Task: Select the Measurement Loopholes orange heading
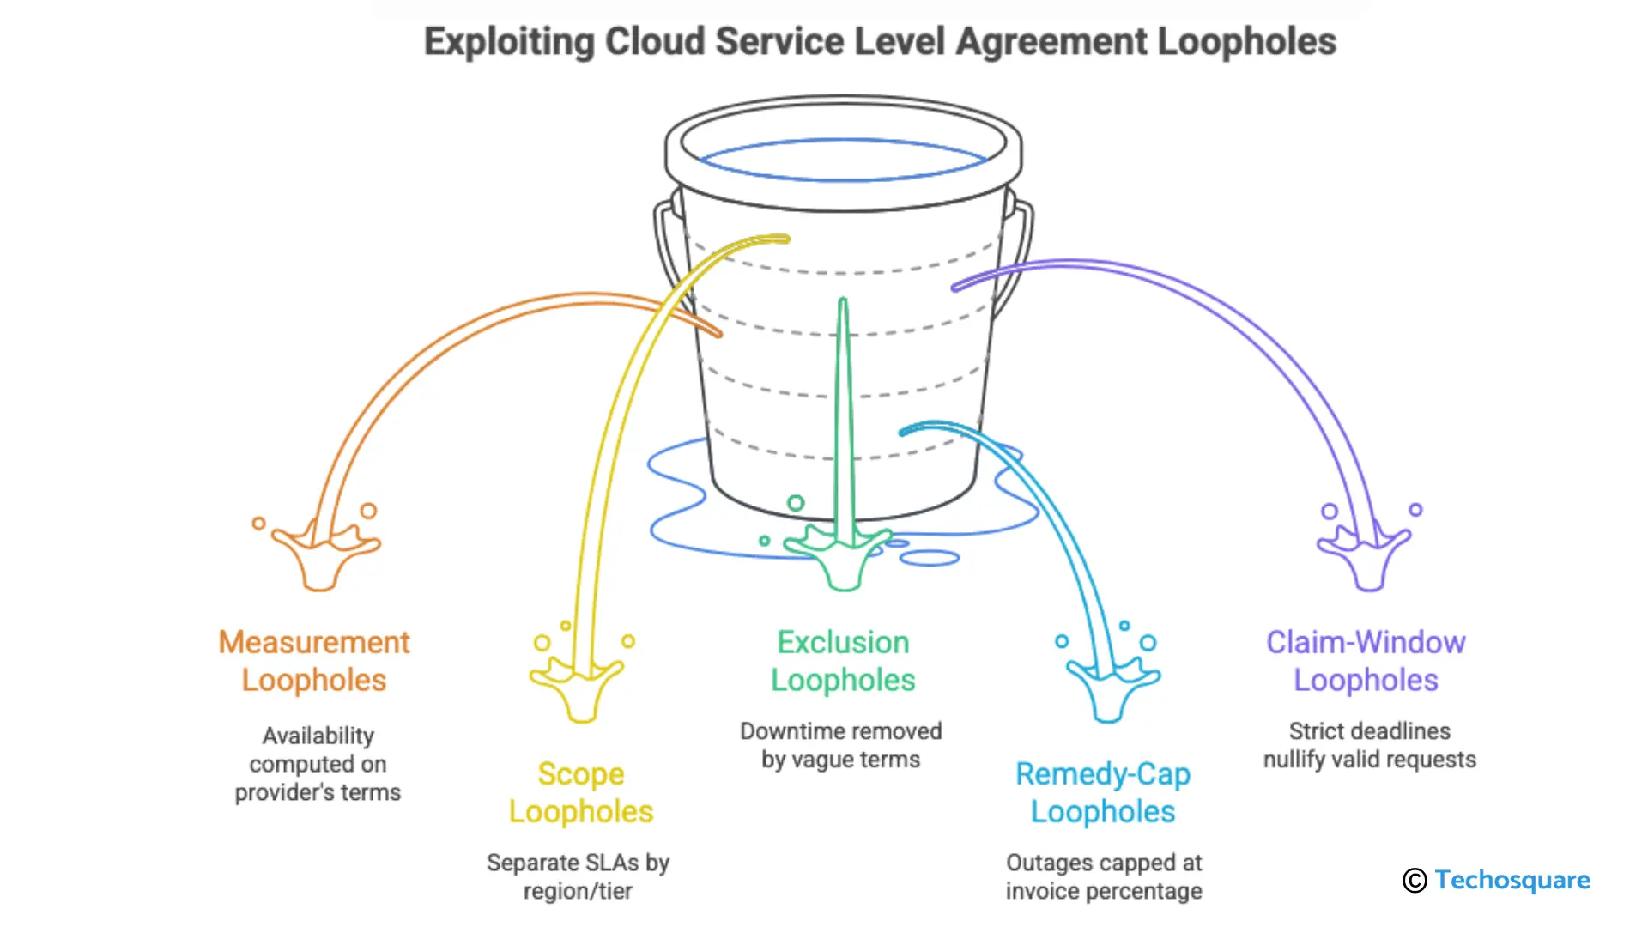click(x=314, y=661)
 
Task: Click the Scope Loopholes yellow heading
click(x=581, y=792)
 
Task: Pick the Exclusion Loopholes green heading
click(x=843, y=661)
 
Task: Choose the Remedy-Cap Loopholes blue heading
click(x=1103, y=792)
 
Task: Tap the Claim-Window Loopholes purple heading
click(x=1366, y=661)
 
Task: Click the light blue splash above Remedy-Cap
click(x=1111, y=687)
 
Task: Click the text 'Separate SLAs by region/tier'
click(x=578, y=876)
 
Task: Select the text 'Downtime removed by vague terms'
click(x=841, y=745)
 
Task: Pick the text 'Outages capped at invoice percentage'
click(x=1104, y=876)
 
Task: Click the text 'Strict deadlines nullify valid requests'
click(x=1369, y=745)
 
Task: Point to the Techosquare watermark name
click(x=1512, y=880)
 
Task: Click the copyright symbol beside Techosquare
click(x=1415, y=881)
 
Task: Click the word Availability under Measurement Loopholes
click(x=318, y=736)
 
